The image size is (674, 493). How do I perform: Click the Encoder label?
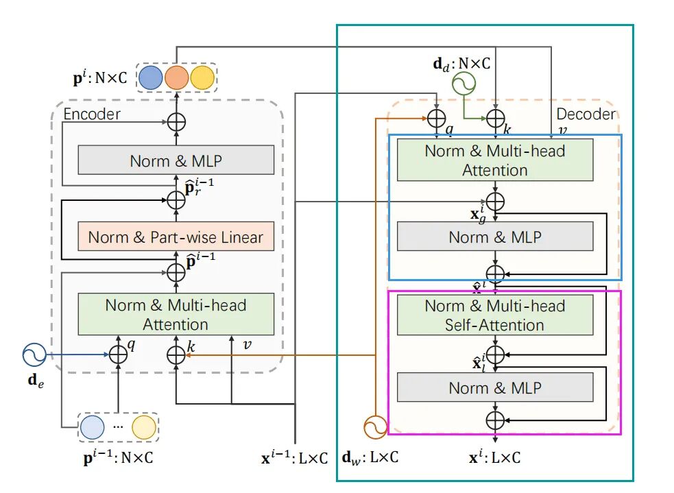[92, 114]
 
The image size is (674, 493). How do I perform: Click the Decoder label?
[586, 114]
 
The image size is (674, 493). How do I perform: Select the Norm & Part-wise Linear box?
[176, 237]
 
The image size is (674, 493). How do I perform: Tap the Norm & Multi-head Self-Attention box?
[495, 315]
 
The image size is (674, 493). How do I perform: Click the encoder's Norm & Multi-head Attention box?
[176, 314]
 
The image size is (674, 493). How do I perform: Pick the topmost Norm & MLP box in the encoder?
[176, 160]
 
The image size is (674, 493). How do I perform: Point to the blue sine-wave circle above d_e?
[33, 354]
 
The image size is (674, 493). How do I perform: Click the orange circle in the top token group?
[177, 77]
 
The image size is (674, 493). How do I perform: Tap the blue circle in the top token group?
[151, 77]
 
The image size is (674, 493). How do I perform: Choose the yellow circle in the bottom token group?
[144, 427]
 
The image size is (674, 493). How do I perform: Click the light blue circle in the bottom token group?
[93, 427]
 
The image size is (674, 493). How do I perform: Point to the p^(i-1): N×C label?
[119, 458]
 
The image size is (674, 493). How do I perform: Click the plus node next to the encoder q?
[119, 354]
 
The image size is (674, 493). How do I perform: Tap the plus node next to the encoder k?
[176, 354]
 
